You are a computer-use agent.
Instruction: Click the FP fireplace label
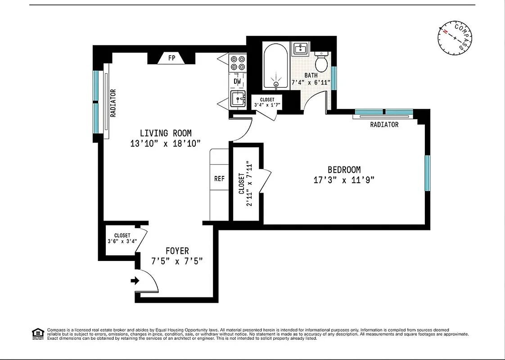[171, 58]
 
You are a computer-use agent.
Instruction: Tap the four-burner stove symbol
[237, 63]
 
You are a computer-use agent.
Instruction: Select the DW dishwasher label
[237, 81]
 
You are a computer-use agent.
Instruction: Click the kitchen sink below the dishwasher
[237, 98]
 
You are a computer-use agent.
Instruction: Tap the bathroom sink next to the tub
[300, 48]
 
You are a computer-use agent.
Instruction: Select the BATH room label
[311, 76]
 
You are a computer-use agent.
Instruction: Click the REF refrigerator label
[219, 179]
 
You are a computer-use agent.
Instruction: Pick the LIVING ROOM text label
[166, 133]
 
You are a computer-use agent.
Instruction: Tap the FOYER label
[177, 251]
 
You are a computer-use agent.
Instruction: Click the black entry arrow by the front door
[135, 281]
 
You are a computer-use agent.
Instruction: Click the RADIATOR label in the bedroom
[384, 125]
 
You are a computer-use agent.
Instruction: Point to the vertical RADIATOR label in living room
[113, 103]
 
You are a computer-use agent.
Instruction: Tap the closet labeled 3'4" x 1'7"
[267, 102]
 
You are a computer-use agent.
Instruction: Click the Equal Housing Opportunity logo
[37, 334]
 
